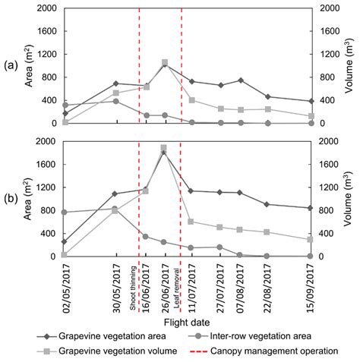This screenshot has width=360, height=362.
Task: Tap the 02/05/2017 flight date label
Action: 65,282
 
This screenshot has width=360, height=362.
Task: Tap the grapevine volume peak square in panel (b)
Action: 164,149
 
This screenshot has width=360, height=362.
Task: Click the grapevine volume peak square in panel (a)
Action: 164,63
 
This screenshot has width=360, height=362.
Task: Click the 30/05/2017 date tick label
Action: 115,282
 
